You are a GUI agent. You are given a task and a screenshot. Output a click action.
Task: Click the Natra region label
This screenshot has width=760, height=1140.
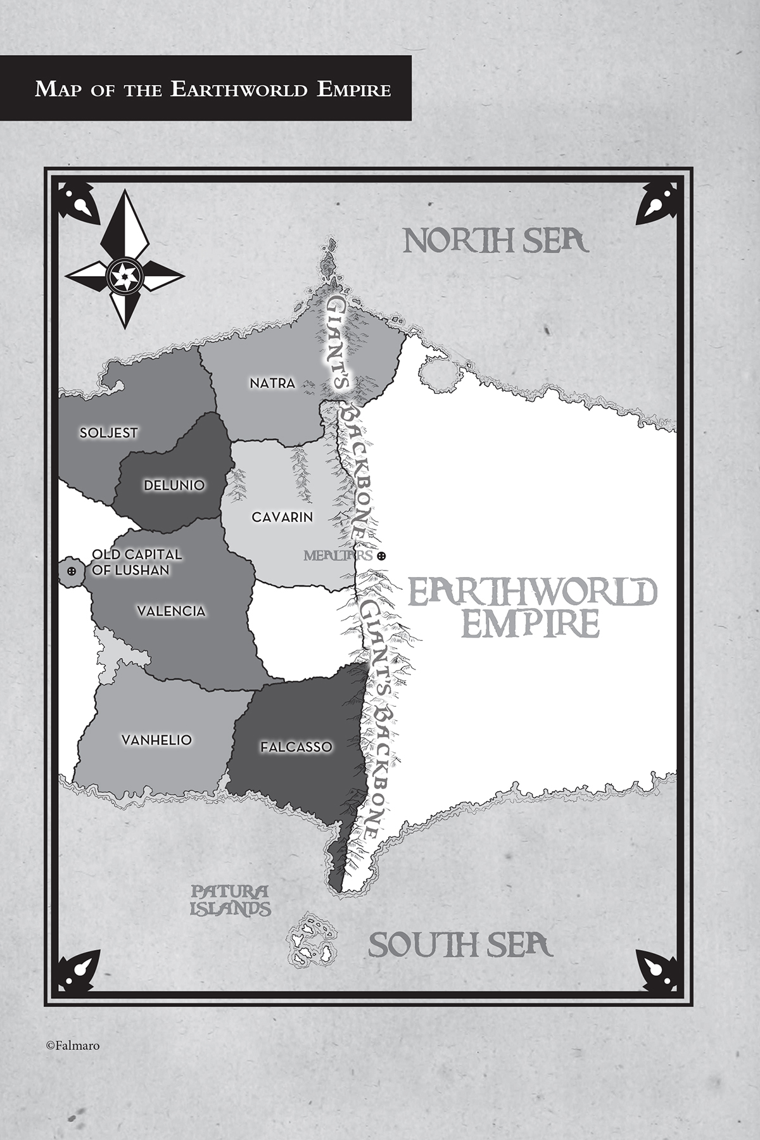272,383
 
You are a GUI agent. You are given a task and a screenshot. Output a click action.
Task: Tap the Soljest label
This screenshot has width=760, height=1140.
108,433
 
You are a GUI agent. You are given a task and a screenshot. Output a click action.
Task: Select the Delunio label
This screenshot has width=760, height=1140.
174,485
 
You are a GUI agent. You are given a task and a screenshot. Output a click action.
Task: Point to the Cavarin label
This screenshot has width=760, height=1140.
282,517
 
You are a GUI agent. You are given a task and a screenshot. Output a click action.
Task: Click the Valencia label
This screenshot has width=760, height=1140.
171,611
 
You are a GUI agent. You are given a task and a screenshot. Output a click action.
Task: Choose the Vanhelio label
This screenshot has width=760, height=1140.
156,740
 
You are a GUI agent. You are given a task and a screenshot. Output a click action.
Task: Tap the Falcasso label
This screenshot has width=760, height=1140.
296,747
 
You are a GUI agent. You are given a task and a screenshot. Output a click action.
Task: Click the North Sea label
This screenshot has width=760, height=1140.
496,241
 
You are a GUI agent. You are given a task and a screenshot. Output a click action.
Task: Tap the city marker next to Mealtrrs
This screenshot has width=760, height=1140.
381,556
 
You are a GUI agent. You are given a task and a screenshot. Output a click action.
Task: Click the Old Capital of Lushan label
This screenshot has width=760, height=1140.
136,562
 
